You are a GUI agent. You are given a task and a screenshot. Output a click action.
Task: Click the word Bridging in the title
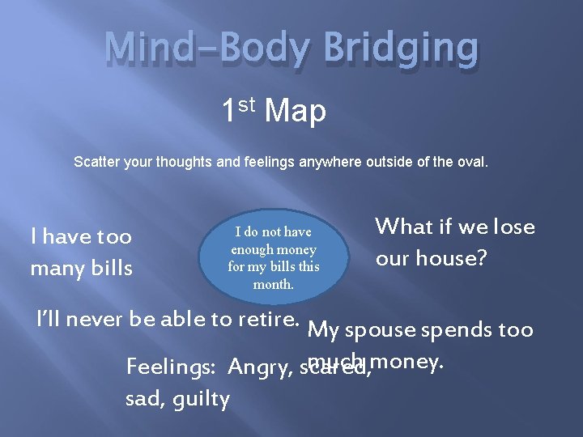point(400,49)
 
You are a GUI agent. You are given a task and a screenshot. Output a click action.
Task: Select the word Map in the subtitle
point(295,111)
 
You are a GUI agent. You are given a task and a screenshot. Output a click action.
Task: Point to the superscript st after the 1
point(249,103)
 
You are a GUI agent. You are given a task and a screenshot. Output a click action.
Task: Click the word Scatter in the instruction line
point(95,162)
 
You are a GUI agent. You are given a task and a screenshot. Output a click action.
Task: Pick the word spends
point(466,330)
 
